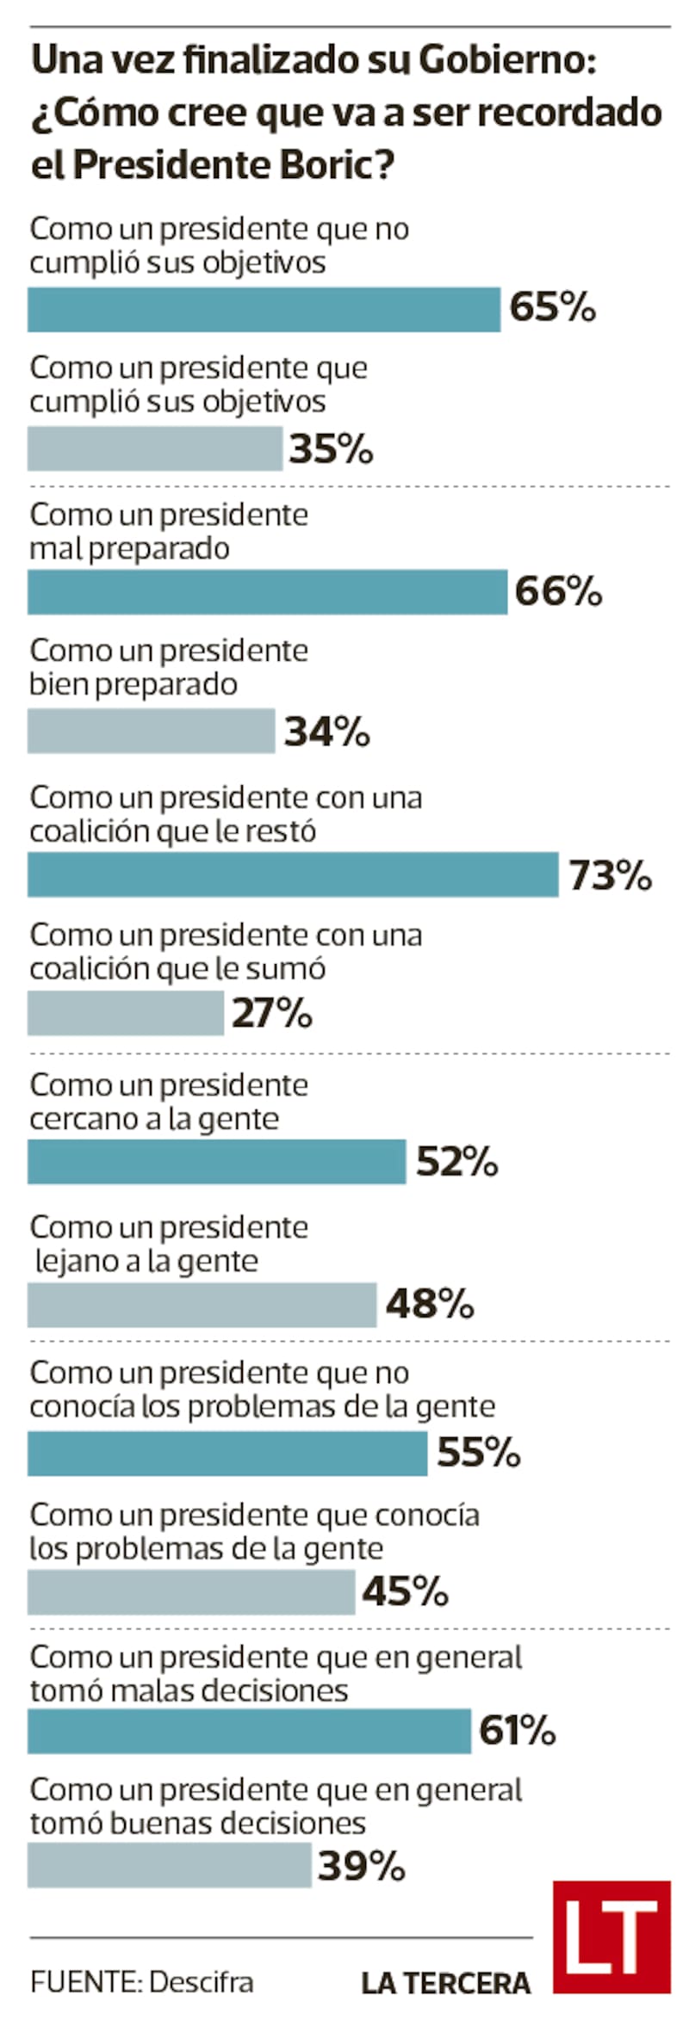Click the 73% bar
pyautogui.click(x=293, y=874)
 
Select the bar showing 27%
pyautogui.click(x=126, y=1013)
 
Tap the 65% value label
pyautogui.click(x=552, y=307)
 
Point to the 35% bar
pyautogui.click(x=155, y=448)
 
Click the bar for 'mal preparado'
pyautogui.click(x=267, y=592)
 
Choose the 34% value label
pyautogui.click(x=327, y=732)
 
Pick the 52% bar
pyautogui.click(x=216, y=1162)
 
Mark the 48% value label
pyautogui.click(x=430, y=1304)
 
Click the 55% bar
pyautogui.click(x=227, y=1454)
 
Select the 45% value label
pyautogui.click(x=405, y=1591)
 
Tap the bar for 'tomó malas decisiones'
pyautogui.click(x=249, y=1732)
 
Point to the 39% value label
pyautogui.click(x=361, y=1866)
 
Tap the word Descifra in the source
pyautogui.click(x=201, y=1983)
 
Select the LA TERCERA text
pyautogui.click(x=445, y=1984)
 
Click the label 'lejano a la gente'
pyautogui.click(x=146, y=1261)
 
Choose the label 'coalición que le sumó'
pyautogui.click(x=177, y=969)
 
